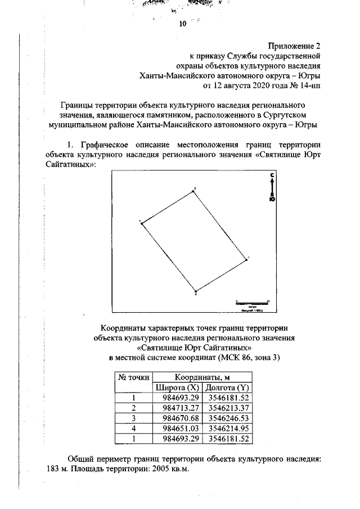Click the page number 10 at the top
point(182,24)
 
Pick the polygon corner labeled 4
point(195,292)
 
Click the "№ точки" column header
point(133,377)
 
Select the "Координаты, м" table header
point(201,377)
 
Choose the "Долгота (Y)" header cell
point(227,388)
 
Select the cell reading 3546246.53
point(227,418)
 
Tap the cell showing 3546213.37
point(227,408)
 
